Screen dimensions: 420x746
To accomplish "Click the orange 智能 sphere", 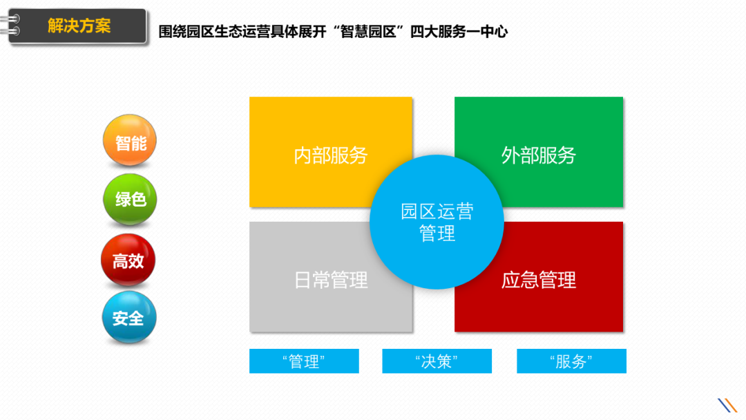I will pos(130,142).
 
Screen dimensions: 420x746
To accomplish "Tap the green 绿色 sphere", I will pos(130,200).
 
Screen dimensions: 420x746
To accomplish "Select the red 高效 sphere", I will pos(128,260).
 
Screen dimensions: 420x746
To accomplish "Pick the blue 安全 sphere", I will pos(129,318).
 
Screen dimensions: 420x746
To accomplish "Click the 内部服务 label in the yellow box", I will pos(331,155).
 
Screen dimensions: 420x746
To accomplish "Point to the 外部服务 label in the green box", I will pos(538,155).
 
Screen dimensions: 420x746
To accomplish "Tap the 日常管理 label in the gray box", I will pos(331,280).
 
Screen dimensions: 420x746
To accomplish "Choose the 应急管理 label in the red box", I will pos(538,280).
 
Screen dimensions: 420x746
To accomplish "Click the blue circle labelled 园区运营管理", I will pos(437,222).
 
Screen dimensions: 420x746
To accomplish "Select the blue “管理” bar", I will pos(304,361).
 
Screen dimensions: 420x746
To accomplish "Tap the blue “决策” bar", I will pos(437,361).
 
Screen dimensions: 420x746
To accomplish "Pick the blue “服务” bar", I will pos(571,361).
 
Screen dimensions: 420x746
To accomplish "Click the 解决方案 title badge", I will pos(79,26).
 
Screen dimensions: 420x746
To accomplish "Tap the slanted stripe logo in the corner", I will pos(727,405).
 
